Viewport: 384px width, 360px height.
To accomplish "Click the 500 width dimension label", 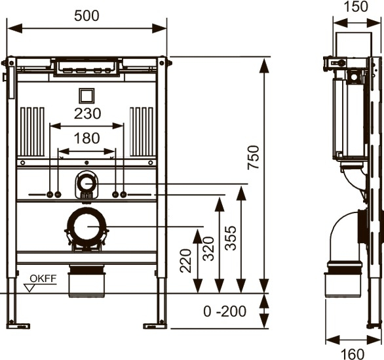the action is click(86, 16).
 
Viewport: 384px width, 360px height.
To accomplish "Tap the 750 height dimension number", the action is click(253, 157).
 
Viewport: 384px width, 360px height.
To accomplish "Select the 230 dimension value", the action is click(87, 113).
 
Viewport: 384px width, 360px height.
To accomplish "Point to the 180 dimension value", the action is click(87, 138).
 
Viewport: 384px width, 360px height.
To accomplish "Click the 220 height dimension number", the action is click(185, 260).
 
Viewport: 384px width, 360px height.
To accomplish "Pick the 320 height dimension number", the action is click(208, 249).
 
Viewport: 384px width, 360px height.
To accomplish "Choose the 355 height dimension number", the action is click(231, 238).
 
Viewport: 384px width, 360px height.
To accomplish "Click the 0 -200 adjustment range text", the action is click(225, 311).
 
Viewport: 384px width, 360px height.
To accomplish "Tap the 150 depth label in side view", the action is click(356, 7).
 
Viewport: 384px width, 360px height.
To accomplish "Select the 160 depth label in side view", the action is click(353, 354).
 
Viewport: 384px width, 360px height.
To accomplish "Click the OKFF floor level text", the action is click(43, 279).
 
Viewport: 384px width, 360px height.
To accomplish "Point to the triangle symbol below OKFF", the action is click(29, 288).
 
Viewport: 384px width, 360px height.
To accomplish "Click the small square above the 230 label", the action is click(86, 96).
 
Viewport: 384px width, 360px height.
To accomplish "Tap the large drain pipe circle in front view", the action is click(86, 227).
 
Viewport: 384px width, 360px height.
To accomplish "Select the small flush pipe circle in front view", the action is click(86, 184).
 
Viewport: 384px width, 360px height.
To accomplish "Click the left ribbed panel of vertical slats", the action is click(32, 132).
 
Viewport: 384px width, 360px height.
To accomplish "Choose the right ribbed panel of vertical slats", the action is click(142, 132).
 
